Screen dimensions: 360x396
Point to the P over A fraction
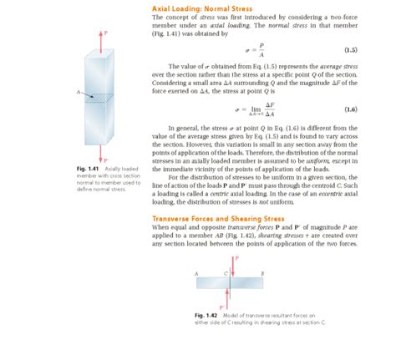pyautogui.click(x=261, y=50)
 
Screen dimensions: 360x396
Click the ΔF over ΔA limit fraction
pyautogui.click(x=270, y=109)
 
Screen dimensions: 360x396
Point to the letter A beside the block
pyautogui.click(x=78, y=91)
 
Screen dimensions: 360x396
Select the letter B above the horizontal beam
pyautogui.click(x=262, y=274)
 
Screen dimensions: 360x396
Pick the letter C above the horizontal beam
pyautogui.click(x=225, y=274)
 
